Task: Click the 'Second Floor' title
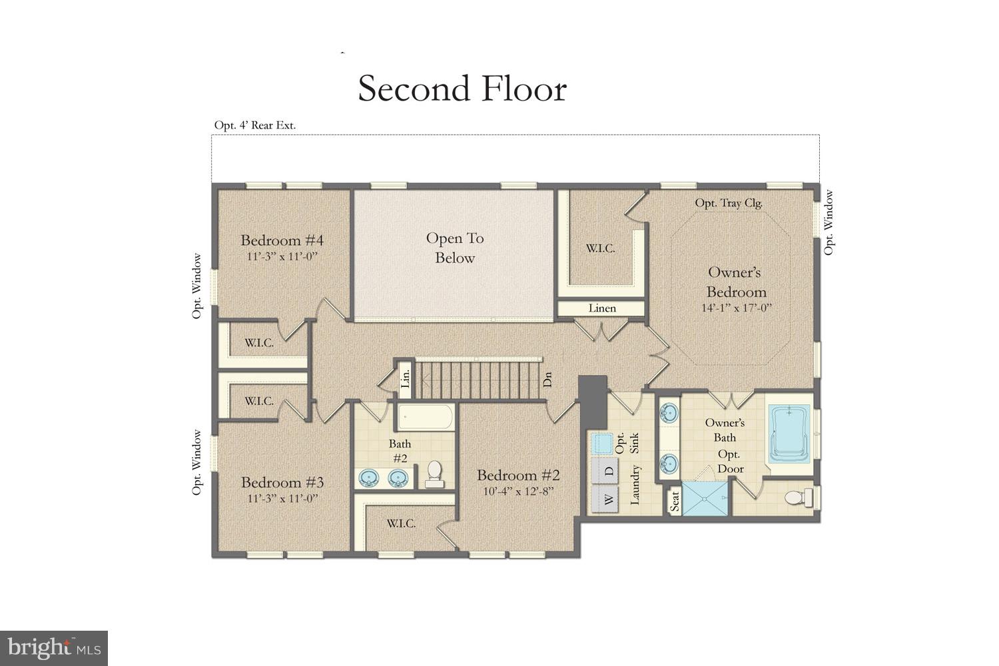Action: [x=462, y=89]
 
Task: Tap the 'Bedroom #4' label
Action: [x=282, y=240]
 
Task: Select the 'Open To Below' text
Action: [x=455, y=248]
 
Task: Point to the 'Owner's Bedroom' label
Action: [x=736, y=282]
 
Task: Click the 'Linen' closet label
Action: [x=601, y=308]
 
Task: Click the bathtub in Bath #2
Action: [x=426, y=418]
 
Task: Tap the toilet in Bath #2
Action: [x=434, y=473]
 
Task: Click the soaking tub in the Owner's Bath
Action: [x=791, y=435]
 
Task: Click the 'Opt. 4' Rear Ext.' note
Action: [x=255, y=125]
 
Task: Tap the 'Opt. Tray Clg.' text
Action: [x=729, y=203]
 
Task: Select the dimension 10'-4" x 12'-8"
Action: [x=518, y=492]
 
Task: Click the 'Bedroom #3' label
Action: [x=282, y=482]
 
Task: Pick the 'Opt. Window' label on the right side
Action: [x=829, y=222]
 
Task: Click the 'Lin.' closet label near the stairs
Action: [x=405, y=380]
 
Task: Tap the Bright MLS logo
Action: [x=54, y=647]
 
